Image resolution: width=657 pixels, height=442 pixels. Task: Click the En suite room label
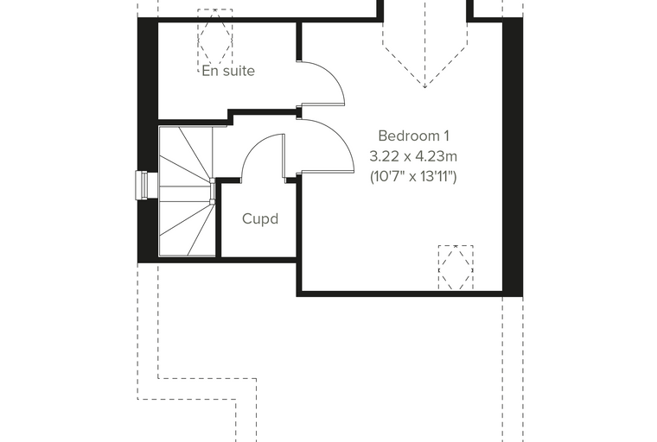(x=228, y=71)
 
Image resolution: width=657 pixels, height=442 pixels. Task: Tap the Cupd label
(x=260, y=219)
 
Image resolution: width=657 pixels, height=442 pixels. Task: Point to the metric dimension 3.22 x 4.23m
(x=413, y=156)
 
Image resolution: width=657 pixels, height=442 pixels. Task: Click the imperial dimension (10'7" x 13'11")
(x=413, y=177)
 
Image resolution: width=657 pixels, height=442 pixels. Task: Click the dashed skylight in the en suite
(x=215, y=41)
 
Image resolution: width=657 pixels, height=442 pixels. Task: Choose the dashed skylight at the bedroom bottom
(x=456, y=268)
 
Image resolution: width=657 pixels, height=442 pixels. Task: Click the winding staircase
(x=188, y=191)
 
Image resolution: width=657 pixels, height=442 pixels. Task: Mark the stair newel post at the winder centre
(x=213, y=192)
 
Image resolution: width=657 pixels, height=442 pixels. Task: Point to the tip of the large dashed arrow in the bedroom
(x=424, y=88)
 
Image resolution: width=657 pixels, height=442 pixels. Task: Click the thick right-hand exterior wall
(x=513, y=156)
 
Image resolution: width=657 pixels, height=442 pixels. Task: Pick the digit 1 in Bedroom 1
(x=447, y=136)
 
